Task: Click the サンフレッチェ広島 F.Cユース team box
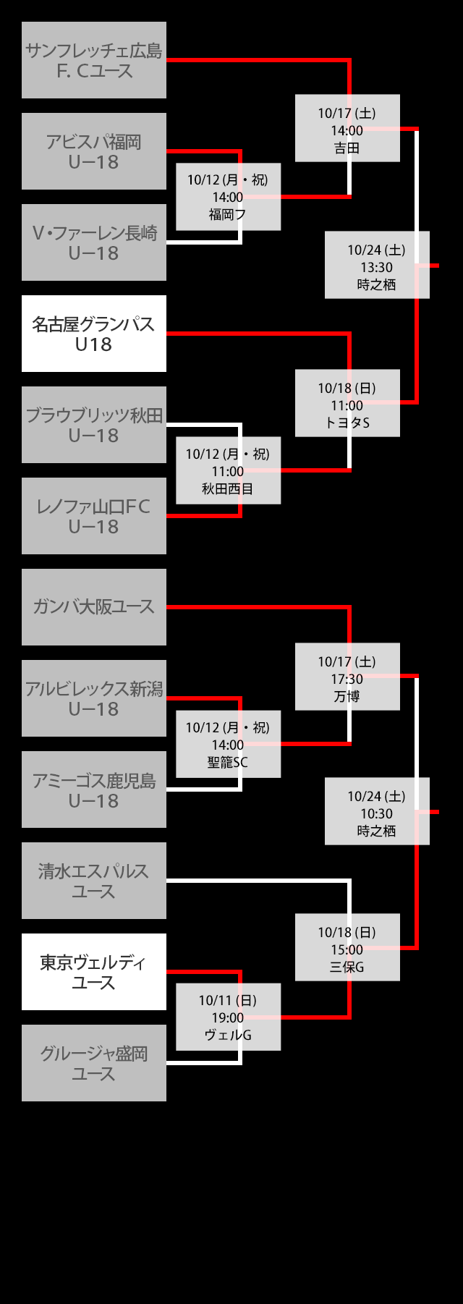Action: point(94,60)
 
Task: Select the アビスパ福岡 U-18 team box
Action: point(94,151)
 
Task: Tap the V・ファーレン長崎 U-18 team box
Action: point(94,242)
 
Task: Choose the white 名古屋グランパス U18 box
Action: point(94,334)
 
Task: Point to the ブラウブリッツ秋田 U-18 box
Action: point(94,425)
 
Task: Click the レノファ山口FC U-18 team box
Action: point(94,516)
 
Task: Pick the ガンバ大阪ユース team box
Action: point(94,607)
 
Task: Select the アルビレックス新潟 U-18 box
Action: point(94,698)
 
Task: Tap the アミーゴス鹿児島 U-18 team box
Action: point(94,789)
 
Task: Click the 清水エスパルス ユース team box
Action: point(94,881)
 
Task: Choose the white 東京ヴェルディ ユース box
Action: point(94,972)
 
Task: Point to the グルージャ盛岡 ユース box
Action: point(94,1063)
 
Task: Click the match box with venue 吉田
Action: point(347,128)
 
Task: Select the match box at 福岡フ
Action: point(228,197)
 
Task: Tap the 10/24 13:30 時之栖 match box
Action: point(377,265)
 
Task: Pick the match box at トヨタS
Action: point(347,403)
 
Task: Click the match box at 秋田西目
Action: point(228,470)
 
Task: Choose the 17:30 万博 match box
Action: point(347,677)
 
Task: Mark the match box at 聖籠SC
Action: point(228,744)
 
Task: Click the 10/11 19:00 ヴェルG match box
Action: point(228,1017)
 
